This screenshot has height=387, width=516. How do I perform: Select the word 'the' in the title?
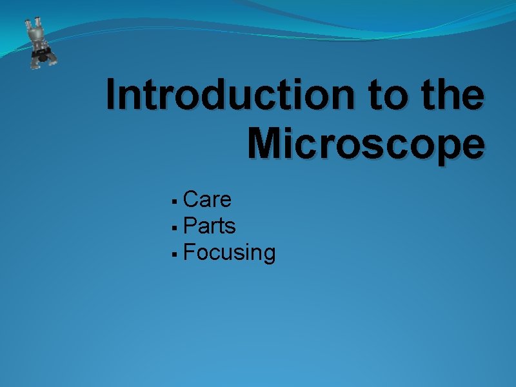(x=452, y=95)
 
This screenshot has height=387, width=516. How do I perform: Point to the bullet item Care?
(x=207, y=200)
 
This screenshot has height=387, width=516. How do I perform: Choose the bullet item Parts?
(x=210, y=226)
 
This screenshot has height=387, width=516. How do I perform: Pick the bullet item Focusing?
(x=229, y=253)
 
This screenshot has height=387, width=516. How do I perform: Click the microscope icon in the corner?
(x=40, y=43)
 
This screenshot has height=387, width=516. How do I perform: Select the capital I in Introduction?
(x=112, y=95)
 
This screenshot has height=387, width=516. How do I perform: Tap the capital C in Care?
(x=191, y=200)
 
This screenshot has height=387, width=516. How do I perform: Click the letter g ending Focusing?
(x=268, y=255)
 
